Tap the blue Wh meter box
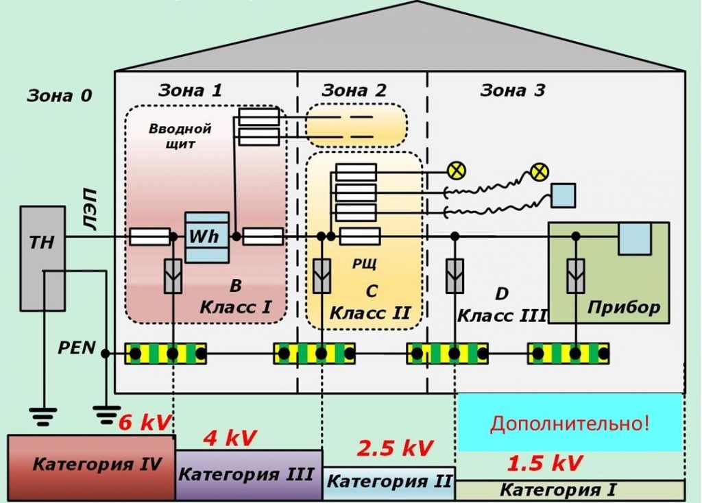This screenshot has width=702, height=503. point(207,237)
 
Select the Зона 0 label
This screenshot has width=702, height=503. point(59,96)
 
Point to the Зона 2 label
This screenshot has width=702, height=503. point(354,90)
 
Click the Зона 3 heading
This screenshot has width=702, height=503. point(513,90)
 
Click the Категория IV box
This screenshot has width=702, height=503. point(91,466)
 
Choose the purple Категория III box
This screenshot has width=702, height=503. point(248,474)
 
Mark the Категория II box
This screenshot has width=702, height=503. point(389,481)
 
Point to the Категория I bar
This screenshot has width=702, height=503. point(569,490)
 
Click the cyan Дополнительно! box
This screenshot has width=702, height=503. point(569,422)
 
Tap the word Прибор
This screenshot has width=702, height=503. point(623,306)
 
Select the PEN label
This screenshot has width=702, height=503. point(76,348)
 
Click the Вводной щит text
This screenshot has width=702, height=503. point(180,136)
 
